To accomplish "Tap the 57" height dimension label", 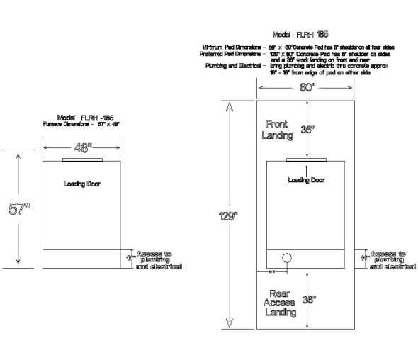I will (18, 210).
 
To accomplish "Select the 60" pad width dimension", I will (305, 89).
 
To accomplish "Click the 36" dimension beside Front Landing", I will (307, 130).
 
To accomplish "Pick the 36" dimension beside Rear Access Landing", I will (308, 300).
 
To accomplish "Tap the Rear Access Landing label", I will (278, 303).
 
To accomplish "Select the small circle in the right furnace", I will (288, 258).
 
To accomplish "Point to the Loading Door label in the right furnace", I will (306, 180).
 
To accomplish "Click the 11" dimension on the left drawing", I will (130, 258).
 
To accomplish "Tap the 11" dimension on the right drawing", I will (364, 258).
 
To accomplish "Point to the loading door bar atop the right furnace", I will (305, 159).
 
